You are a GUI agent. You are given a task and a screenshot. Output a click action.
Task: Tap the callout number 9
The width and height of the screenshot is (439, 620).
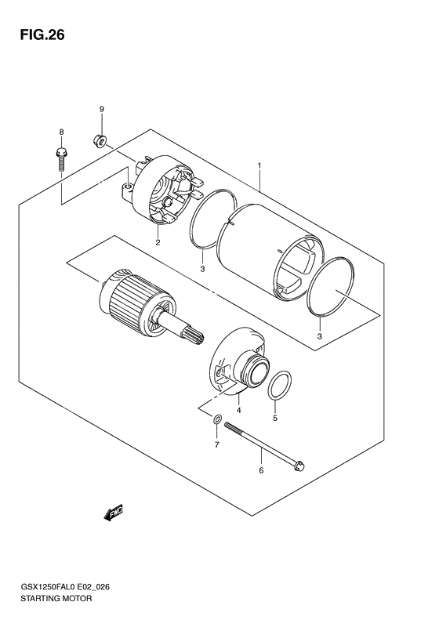click(x=101, y=108)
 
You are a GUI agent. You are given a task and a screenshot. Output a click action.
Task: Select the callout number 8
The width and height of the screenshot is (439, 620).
click(x=60, y=131)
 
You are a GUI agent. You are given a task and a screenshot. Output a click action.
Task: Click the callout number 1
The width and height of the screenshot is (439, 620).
click(x=258, y=166)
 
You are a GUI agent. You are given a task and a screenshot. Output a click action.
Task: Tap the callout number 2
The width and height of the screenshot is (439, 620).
click(x=158, y=242)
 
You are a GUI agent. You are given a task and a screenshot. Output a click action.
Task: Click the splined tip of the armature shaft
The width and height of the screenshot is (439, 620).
click(x=193, y=343)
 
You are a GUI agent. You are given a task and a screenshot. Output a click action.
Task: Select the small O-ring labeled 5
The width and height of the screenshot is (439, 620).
click(x=279, y=386)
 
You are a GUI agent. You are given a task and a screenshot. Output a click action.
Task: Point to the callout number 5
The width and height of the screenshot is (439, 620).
click(x=274, y=419)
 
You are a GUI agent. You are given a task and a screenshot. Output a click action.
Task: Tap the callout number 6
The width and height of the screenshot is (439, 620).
click(x=261, y=470)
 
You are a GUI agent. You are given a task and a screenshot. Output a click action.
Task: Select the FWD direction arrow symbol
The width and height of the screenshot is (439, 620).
click(x=111, y=513)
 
